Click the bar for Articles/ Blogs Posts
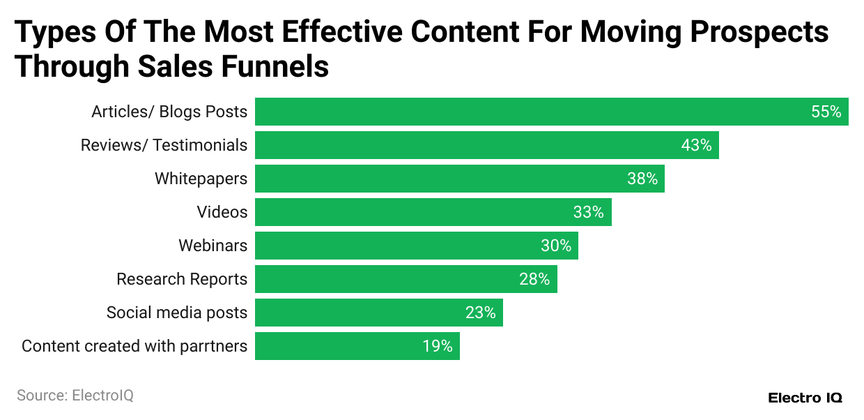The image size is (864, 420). point(530,112)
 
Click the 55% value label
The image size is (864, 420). point(826,112)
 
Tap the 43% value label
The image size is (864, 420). point(696,145)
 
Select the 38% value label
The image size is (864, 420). point(642,179)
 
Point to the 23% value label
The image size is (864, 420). point(480,313)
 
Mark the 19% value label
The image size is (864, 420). point(437,346)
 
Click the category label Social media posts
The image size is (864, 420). point(177,313)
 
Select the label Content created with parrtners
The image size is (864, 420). point(134,346)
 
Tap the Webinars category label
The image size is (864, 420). point(213,246)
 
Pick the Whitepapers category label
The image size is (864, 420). point(201,179)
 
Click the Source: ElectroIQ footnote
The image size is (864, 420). point(75,396)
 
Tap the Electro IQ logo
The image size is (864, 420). point(805,398)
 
